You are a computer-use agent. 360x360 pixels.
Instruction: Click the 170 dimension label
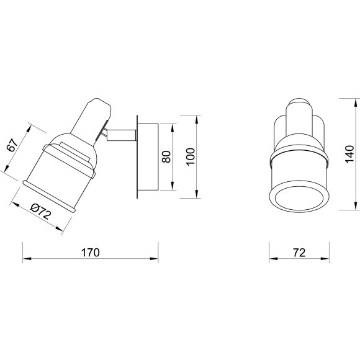[91, 253]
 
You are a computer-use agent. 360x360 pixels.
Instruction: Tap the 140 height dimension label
[350, 154]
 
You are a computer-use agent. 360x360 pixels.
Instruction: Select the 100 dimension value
[191, 156]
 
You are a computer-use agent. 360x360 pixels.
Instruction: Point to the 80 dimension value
[166, 157]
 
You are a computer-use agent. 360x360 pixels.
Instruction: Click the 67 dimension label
[12, 145]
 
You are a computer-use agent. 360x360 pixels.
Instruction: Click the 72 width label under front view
[299, 253]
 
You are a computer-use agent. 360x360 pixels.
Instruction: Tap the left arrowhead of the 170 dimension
[27, 259]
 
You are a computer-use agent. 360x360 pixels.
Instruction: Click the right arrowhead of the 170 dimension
[155, 259]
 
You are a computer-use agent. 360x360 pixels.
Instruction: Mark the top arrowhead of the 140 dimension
[356, 102]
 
